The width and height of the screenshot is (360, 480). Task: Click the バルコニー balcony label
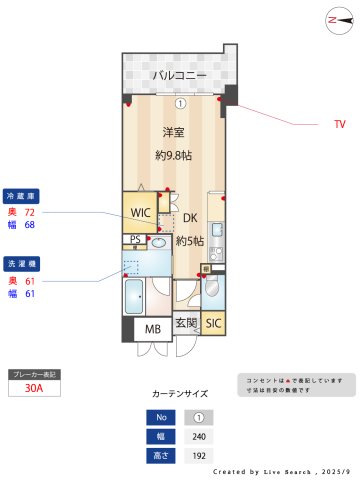pos(180,75)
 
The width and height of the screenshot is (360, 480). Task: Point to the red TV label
pos(339,125)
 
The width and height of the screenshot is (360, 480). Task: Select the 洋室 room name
pos(174,132)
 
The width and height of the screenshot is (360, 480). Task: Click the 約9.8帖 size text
pos(174,155)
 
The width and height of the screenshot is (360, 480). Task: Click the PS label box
pos(135,239)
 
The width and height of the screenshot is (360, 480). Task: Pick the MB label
pos(152,328)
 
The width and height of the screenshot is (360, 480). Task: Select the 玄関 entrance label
pos(186,323)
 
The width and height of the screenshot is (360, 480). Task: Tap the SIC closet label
pos(213,323)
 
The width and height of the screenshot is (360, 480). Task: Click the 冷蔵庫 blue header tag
pos(21,196)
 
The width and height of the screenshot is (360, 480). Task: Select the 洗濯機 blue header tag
pos(21,264)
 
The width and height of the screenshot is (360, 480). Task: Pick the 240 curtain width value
pos(198,436)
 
